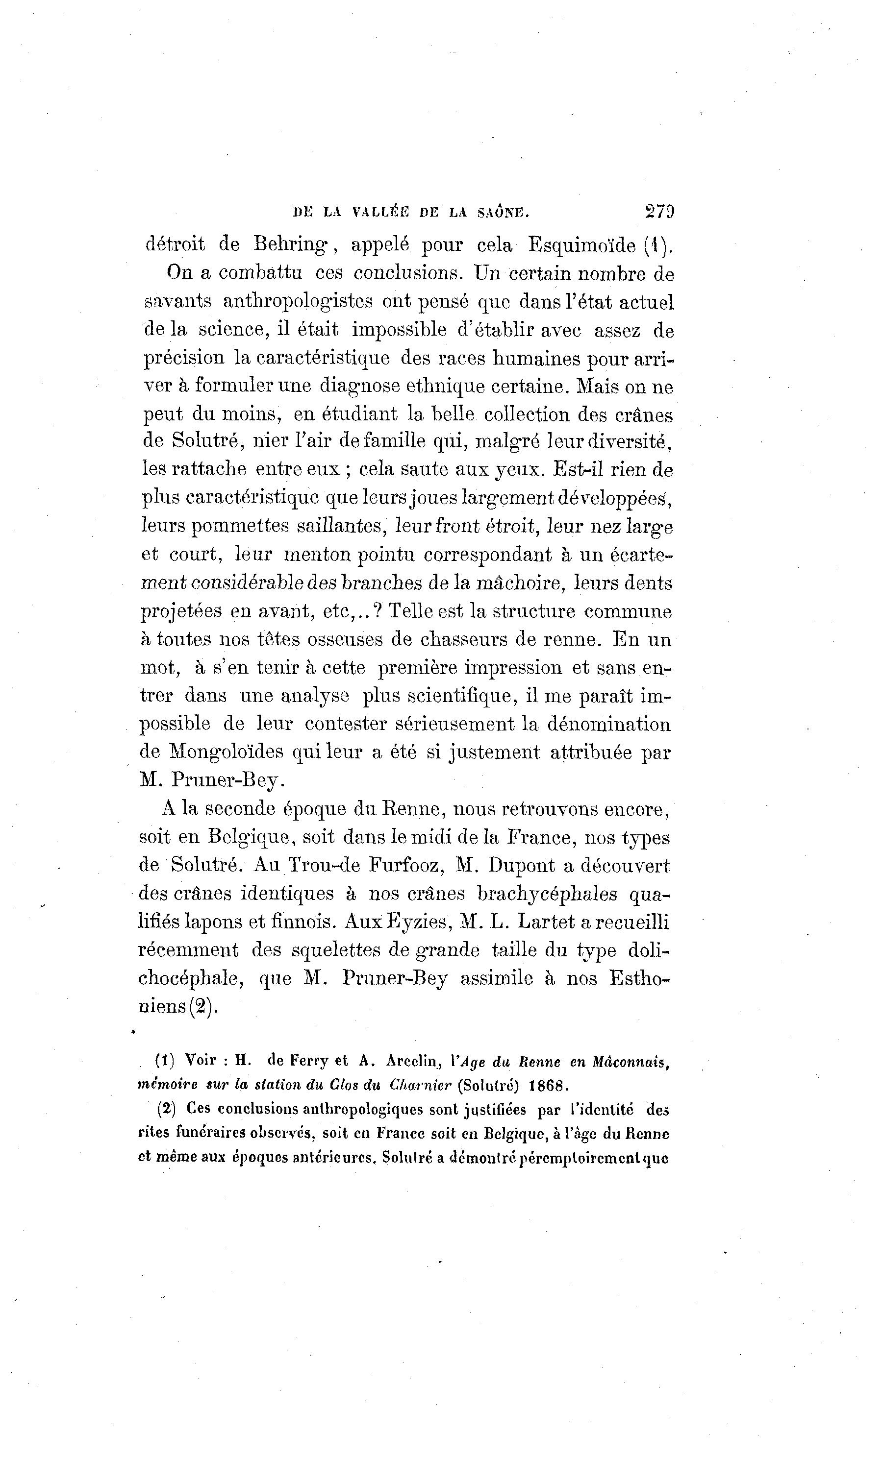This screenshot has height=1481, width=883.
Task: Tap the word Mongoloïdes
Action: (227, 752)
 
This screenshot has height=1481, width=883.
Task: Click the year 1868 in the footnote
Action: (549, 1085)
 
